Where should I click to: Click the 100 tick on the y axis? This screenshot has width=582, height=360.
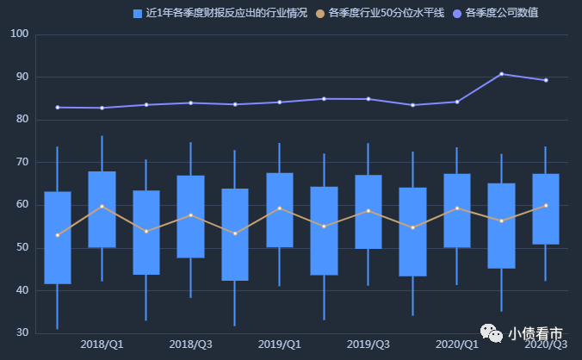(x=19, y=34)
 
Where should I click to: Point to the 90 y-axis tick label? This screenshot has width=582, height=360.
(x=22, y=78)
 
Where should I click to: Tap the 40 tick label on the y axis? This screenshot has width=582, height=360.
(x=22, y=291)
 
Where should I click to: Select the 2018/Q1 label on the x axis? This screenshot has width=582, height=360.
(x=102, y=344)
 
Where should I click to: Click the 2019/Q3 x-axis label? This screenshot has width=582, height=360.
(x=368, y=344)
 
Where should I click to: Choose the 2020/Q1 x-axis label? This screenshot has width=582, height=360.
(x=457, y=344)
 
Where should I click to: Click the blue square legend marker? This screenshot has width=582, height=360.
(x=138, y=14)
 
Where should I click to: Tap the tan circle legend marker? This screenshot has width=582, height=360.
(x=321, y=14)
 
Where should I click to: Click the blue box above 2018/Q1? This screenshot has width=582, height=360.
(x=102, y=209)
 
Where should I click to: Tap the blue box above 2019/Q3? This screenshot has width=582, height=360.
(x=368, y=212)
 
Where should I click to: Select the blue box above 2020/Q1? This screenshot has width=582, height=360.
(x=457, y=210)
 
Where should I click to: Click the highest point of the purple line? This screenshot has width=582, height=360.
(x=501, y=74)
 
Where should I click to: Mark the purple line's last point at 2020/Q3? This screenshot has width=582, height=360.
(x=546, y=80)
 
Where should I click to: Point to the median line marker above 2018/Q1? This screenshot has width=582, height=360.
(x=102, y=206)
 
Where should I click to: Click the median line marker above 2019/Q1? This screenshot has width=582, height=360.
(x=279, y=208)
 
